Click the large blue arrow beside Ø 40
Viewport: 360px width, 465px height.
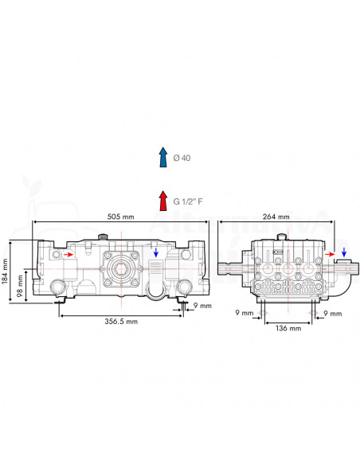click(x=163, y=157)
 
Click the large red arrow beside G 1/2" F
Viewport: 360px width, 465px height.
click(x=163, y=201)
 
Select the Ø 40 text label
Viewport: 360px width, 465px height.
click(x=182, y=158)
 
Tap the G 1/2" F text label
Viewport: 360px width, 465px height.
click(x=188, y=201)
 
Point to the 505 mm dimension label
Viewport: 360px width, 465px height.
click(x=121, y=217)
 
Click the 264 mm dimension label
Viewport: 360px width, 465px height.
click(x=276, y=217)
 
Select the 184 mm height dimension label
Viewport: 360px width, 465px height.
click(x=5, y=272)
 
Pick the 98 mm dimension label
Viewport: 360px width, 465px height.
click(x=20, y=287)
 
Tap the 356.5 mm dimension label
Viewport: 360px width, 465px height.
click(x=121, y=321)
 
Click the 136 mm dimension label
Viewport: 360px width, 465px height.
click(x=288, y=328)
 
